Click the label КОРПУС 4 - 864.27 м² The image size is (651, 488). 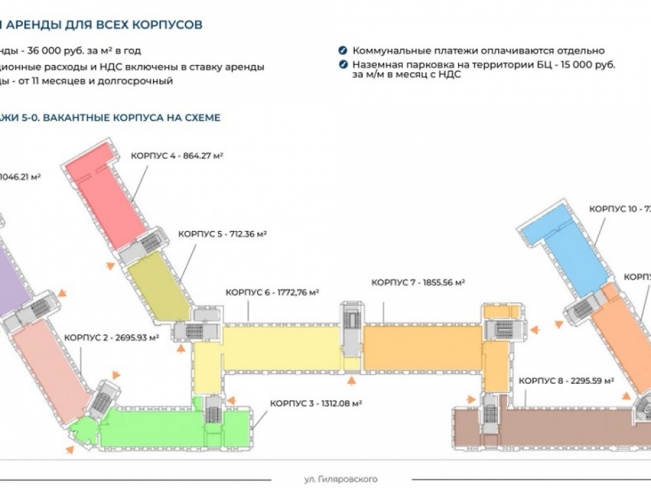point(177,156)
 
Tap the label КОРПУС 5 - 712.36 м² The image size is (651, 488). point(223,234)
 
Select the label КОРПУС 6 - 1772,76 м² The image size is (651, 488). point(272,293)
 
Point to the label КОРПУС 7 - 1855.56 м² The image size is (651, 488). point(418,282)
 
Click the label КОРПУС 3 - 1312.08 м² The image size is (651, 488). point(316,403)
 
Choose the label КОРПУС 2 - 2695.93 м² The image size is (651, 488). point(109,338)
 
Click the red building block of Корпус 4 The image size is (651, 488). point(104,195)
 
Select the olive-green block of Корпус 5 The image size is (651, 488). point(156,286)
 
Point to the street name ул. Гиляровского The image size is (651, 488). point(340,480)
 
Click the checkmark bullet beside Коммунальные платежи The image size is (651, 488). point(342,51)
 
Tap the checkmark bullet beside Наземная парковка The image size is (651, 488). point(342,65)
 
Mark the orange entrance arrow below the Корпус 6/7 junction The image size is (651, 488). point(352,381)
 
